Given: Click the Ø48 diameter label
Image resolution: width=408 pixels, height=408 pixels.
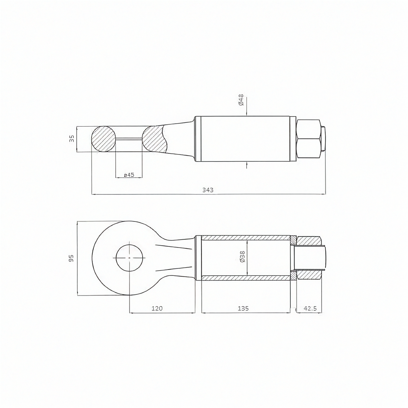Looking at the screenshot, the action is point(241,100).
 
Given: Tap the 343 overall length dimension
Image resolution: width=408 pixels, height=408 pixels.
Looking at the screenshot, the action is point(208,190).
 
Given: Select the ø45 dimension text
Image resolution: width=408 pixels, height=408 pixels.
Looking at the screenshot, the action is point(129,175).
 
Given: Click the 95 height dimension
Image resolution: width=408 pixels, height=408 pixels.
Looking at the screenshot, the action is point(71,258).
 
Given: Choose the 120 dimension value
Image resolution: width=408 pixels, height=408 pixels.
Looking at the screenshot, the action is point(157,308).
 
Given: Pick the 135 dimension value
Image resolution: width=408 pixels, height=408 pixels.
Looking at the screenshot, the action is point(243,308).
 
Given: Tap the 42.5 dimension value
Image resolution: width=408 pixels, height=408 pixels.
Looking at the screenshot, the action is point(310,308).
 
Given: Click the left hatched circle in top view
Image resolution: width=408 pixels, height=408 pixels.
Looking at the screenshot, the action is point(103,139).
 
